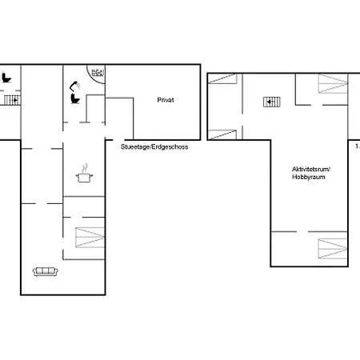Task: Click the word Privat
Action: click(166, 100)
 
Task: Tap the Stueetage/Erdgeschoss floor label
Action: click(154, 147)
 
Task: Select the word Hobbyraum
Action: click(309, 177)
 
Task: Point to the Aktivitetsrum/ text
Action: click(311, 170)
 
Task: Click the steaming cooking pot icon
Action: click(84, 174)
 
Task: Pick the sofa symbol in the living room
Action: click(46, 271)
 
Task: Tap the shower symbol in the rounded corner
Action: click(98, 73)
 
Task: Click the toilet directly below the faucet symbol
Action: click(75, 98)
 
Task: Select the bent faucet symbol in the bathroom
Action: click(75, 86)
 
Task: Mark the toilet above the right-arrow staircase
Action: click(6, 78)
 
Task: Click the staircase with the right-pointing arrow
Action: click(12, 100)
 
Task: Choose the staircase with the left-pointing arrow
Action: click(272, 102)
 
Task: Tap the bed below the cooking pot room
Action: click(90, 238)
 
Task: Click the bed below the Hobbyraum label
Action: click(333, 249)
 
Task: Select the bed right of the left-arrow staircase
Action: click(333, 83)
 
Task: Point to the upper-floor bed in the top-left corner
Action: click(222, 78)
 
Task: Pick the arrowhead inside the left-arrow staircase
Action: click(268, 102)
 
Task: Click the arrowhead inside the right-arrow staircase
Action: click(16, 100)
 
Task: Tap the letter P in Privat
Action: click(159, 100)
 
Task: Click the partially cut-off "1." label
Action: click(358, 146)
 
